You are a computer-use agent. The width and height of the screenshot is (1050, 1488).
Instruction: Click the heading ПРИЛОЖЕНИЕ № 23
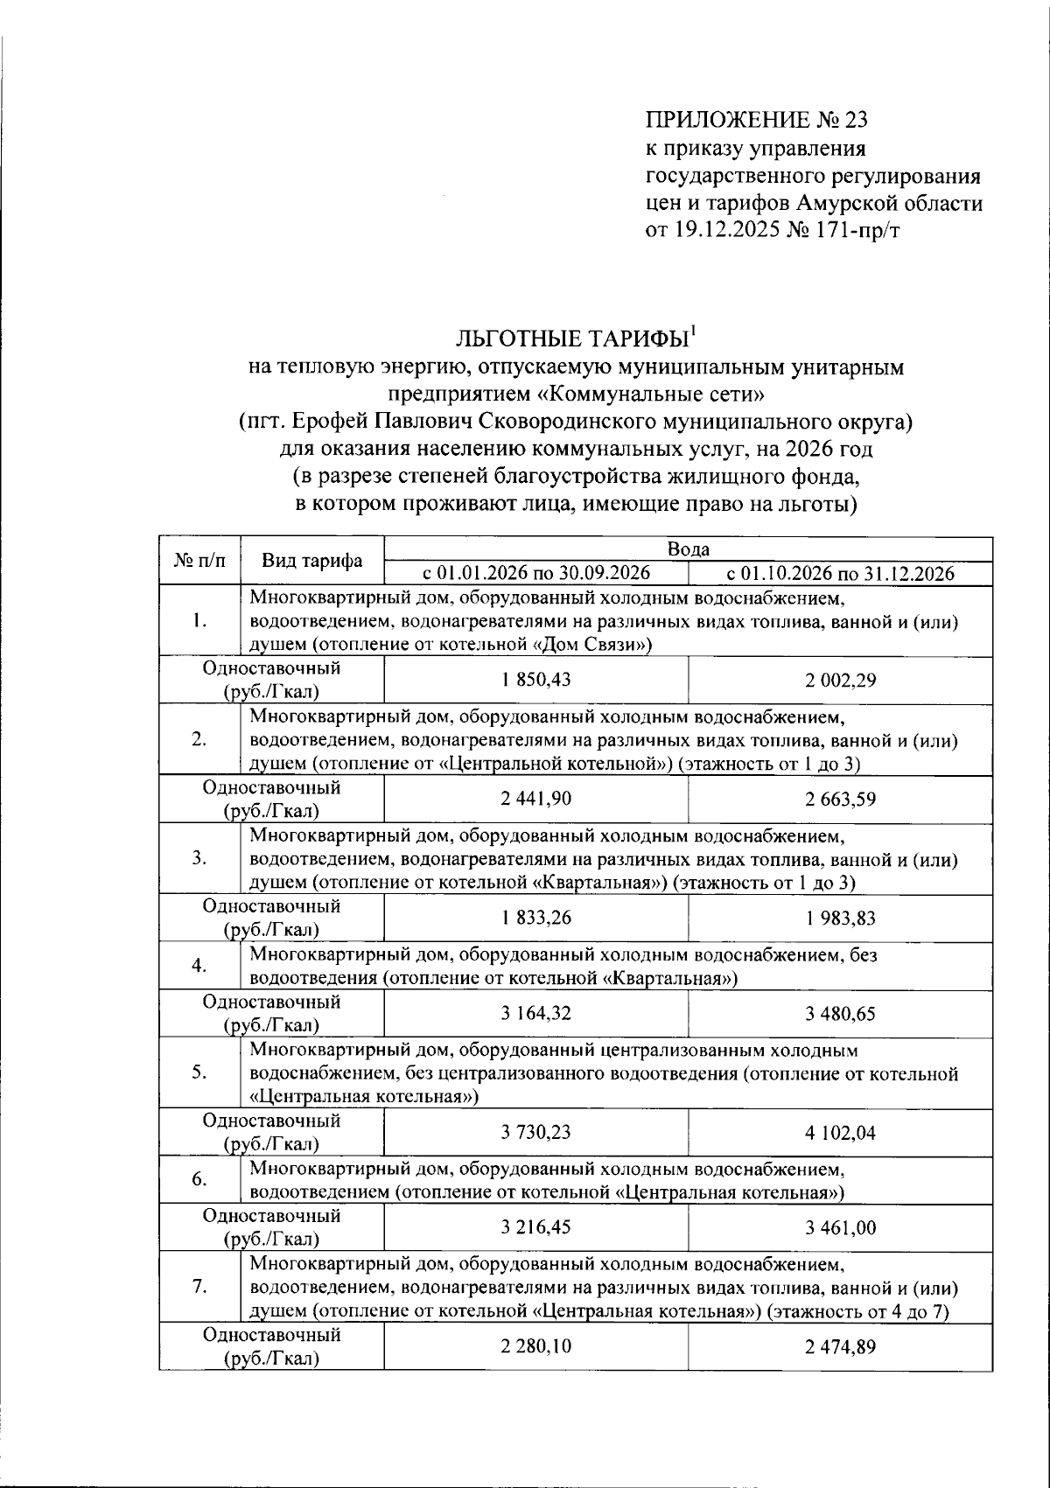pyautogui.click(x=757, y=120)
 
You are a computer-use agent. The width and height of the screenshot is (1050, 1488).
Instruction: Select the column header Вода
pyautogui.click(x=688, y=549)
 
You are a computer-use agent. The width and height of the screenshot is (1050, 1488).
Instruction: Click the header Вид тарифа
pyautogui.click(x=312, y=562)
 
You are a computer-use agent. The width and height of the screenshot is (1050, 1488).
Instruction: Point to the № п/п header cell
pyautogui.click(x=199, y=562)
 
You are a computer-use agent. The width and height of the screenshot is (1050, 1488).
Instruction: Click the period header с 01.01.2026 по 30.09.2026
pyautogui.click(x=535, y=574)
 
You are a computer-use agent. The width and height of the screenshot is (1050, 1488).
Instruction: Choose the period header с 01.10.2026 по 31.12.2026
pyautogui.click(x=840, y=574)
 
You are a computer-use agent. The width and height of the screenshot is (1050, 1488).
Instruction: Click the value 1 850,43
pyautogui.click(x=535, y=680)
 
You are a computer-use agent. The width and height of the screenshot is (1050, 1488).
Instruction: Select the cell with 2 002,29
pyautogui.click(x=840, y=681)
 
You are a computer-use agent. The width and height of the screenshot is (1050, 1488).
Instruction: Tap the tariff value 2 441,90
pyautogui.click(x=535, y=799)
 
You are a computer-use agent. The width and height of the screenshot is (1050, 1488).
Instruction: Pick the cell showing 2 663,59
pyautogui.click(x=840, y=800)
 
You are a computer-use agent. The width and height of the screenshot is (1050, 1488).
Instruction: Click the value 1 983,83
pyautogui.click(x=840, y=919)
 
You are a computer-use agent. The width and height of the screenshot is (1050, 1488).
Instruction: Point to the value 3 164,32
pyautogui.click(x=535, y=1013)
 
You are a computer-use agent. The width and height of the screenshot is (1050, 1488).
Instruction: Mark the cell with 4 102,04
pyautogui.click(x=840, y=1133)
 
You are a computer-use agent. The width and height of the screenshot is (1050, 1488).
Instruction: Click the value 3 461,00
pyautogui.click(x=840, y=1227)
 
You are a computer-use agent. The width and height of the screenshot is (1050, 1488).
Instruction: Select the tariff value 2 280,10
pyautogui.click(x=535, y=1346)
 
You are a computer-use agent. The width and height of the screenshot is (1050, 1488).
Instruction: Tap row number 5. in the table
pyautogui.click(x=199, y=1073)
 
